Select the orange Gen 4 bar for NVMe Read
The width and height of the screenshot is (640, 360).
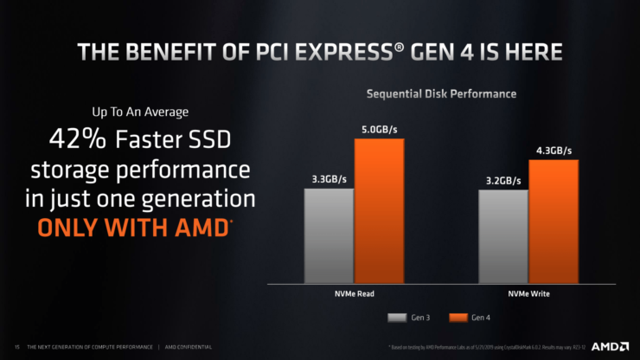(x=379, y=212)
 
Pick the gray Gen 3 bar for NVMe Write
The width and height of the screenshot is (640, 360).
(x=502, y=238)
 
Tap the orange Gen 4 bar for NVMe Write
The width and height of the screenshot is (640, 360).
(x=553, y=222)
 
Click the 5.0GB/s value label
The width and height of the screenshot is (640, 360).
(x=379, y=130)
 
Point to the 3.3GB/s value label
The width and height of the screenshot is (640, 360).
(x=330, y=180)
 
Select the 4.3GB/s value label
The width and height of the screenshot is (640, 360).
(x=553, y=151)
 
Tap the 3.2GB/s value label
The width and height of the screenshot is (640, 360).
(x=502, y=182)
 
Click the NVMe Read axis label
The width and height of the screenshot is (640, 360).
(x=354, y=294)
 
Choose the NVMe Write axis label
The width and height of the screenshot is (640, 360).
(x=528, y=294)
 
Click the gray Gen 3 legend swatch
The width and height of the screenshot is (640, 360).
(x=398, y=318)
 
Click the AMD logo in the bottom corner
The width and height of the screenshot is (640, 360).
(x=611, y=346)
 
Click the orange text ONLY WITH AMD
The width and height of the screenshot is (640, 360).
(x=134, y=228)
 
